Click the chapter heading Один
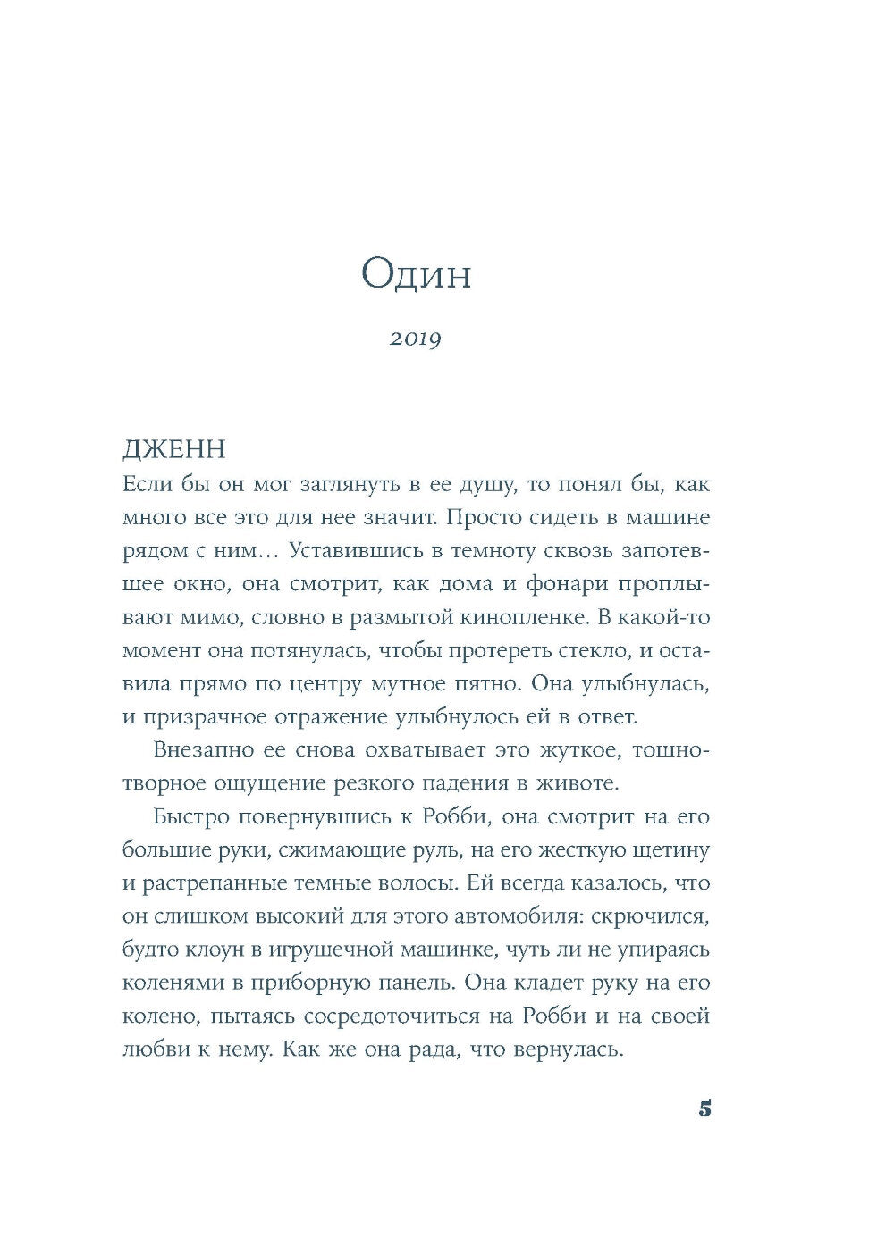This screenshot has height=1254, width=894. [x=416, y=275]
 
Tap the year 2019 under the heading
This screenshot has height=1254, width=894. [x=416, y=339]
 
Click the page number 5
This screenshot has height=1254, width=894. [x=704, y=1110]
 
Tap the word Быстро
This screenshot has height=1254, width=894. [x=191, y=817]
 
